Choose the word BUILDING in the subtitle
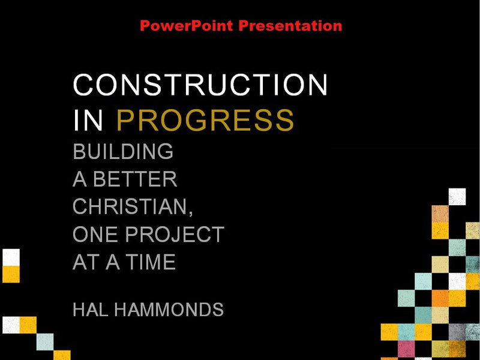point(123,152)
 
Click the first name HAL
point(90,310)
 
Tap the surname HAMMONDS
point(169,310)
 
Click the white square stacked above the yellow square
point(11,257)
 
